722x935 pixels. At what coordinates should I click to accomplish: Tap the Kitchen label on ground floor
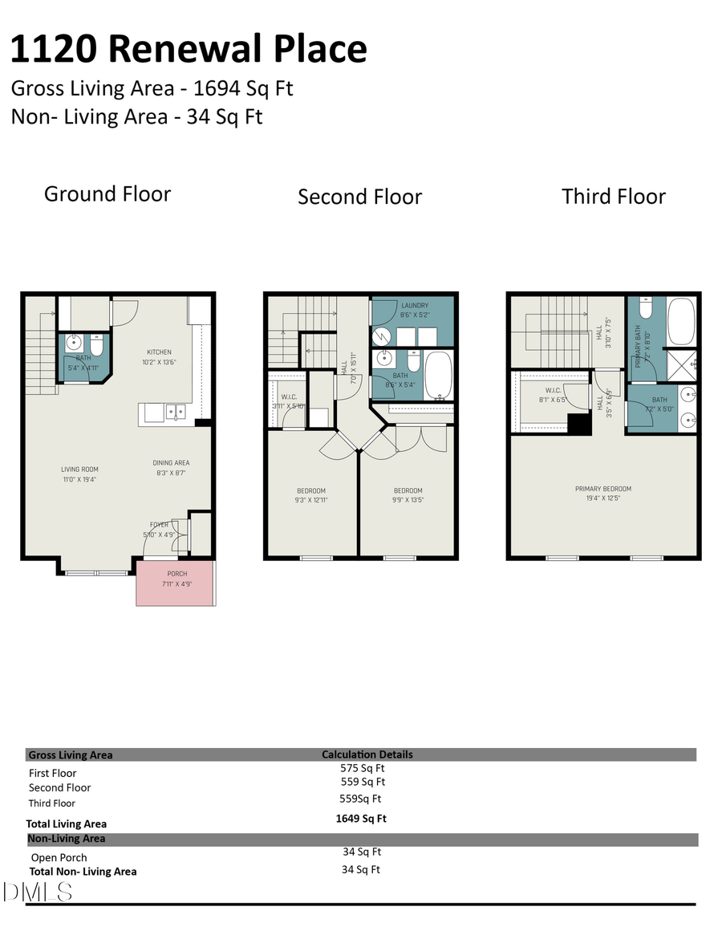pyautogui.click(x=158, y=352)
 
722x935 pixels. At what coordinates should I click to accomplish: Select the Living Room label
pyautogui.click(x=79, y=470)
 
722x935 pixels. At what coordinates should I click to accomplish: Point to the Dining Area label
pyautogui.click(x=171, y=463)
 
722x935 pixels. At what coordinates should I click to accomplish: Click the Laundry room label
pyautogui.click(x=415, y=306)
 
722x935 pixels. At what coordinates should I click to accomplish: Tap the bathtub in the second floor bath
pyautogui.click(x=438, y=375)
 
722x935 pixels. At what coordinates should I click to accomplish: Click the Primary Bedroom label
pyautogui.click(x=602, y=489)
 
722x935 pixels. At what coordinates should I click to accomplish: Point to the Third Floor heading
pyautogui.click(x=613, y=197)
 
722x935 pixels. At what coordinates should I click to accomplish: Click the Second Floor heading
pyautogui.click(x=359, y=197)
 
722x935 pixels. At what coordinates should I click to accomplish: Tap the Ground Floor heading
pyautogui.click(x=107, y=194)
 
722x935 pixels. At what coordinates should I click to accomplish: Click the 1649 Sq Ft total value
pyautogui.click(x=361, y=819)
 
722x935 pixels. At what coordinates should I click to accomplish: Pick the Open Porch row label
pyautogui.click(x=59, y=857)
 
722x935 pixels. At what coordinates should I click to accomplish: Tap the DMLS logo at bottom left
pyautogui.click(x=38, y=891)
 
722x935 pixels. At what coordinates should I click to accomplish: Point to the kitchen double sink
pyautogui.click(x=174, y=412)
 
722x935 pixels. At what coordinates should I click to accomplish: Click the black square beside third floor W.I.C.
pyautogui.click(x=578, y=425)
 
